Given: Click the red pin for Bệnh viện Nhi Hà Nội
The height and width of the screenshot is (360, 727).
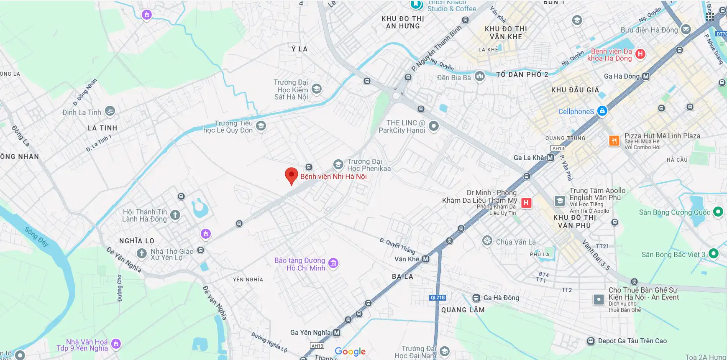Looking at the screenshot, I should point(291,175).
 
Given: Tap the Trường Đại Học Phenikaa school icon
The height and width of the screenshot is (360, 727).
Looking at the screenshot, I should point(338,165).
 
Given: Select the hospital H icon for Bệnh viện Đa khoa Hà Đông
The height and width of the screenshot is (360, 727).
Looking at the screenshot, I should point(640,54).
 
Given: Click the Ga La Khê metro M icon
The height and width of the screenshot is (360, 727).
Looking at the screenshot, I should point(550,158).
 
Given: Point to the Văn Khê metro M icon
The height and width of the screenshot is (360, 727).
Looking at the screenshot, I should point(425,259).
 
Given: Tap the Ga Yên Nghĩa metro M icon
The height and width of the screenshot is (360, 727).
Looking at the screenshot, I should point(336,333).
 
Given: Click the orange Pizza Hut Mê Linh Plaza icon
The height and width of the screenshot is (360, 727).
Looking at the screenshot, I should point(614,140).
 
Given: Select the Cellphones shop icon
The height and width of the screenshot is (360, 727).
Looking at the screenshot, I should point(602,111).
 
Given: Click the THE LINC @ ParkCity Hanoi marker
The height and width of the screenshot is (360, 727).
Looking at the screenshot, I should point(434,126).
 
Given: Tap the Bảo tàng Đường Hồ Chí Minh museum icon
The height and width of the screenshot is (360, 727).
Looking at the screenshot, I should point(333,263).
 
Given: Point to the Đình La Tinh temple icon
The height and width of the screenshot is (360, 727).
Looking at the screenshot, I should point(110,111).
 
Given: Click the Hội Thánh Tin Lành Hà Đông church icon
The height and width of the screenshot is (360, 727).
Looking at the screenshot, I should point(175,215).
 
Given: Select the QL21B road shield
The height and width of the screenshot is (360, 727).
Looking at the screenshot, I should point(438,298).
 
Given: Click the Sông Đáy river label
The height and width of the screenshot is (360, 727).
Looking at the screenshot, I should point(36,236).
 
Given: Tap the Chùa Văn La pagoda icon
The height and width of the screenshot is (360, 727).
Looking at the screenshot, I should point(487,240).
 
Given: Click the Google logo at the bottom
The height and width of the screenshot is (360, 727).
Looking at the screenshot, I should point(350,352).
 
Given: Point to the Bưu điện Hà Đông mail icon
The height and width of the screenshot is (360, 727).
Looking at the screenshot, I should point(686,29).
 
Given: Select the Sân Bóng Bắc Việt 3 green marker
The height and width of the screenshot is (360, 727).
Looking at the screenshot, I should point(714,253).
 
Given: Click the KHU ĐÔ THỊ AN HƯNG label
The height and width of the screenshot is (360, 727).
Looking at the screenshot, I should point(402,22).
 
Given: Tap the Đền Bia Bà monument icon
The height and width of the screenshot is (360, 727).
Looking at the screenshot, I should point(479,76).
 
